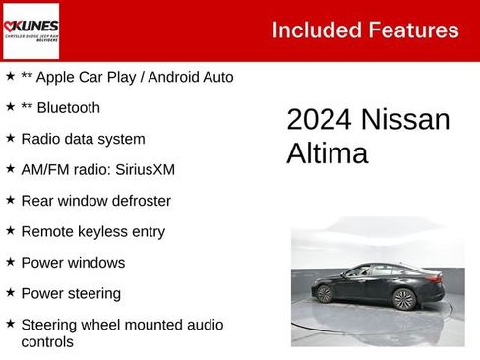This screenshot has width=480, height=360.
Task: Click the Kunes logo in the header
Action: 31,30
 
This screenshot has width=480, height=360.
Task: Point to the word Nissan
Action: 405,120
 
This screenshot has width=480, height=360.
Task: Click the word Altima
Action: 328,153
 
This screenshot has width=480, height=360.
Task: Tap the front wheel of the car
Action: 324,293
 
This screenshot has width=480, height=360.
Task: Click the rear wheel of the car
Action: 403,299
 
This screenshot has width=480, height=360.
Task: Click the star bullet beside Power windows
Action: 10,262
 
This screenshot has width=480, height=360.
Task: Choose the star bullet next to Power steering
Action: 10,292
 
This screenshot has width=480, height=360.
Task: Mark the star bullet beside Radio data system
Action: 10,138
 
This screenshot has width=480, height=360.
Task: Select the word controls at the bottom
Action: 47,342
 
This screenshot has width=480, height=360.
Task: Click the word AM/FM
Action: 43,169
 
